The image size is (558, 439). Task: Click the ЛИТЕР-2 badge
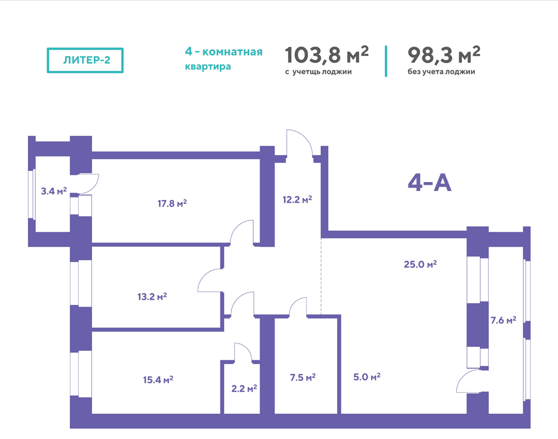(x=85, y=60)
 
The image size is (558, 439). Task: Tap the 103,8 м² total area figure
(x=326, y=55)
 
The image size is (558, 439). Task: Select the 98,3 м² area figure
(x=444, y=55)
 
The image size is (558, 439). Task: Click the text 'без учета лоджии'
(x=441, y=71)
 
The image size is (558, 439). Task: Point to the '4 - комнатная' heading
(x=224, y=52)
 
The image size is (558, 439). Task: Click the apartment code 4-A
(x=430, y=184)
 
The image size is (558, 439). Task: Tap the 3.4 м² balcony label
(x=54, y=192)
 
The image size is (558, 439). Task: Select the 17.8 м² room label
(x=172, y=203)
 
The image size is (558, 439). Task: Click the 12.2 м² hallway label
(x=297, y=199)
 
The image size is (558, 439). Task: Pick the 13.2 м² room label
(x=152, y=297)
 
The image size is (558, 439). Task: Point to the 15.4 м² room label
(x=158, y=380)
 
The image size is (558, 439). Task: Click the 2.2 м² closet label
(x=244, y=388)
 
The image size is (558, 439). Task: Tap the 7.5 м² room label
(x=303, y=377)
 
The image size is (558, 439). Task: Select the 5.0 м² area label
(x=367, y=376)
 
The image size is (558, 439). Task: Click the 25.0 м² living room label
(x=420, y=264)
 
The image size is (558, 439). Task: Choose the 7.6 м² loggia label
(x=503, y=320)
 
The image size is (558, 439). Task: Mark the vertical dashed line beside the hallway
(x=321, y=276)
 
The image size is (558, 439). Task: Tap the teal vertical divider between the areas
(x=386, y=61)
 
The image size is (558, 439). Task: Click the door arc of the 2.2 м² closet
(x=247, y=348)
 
